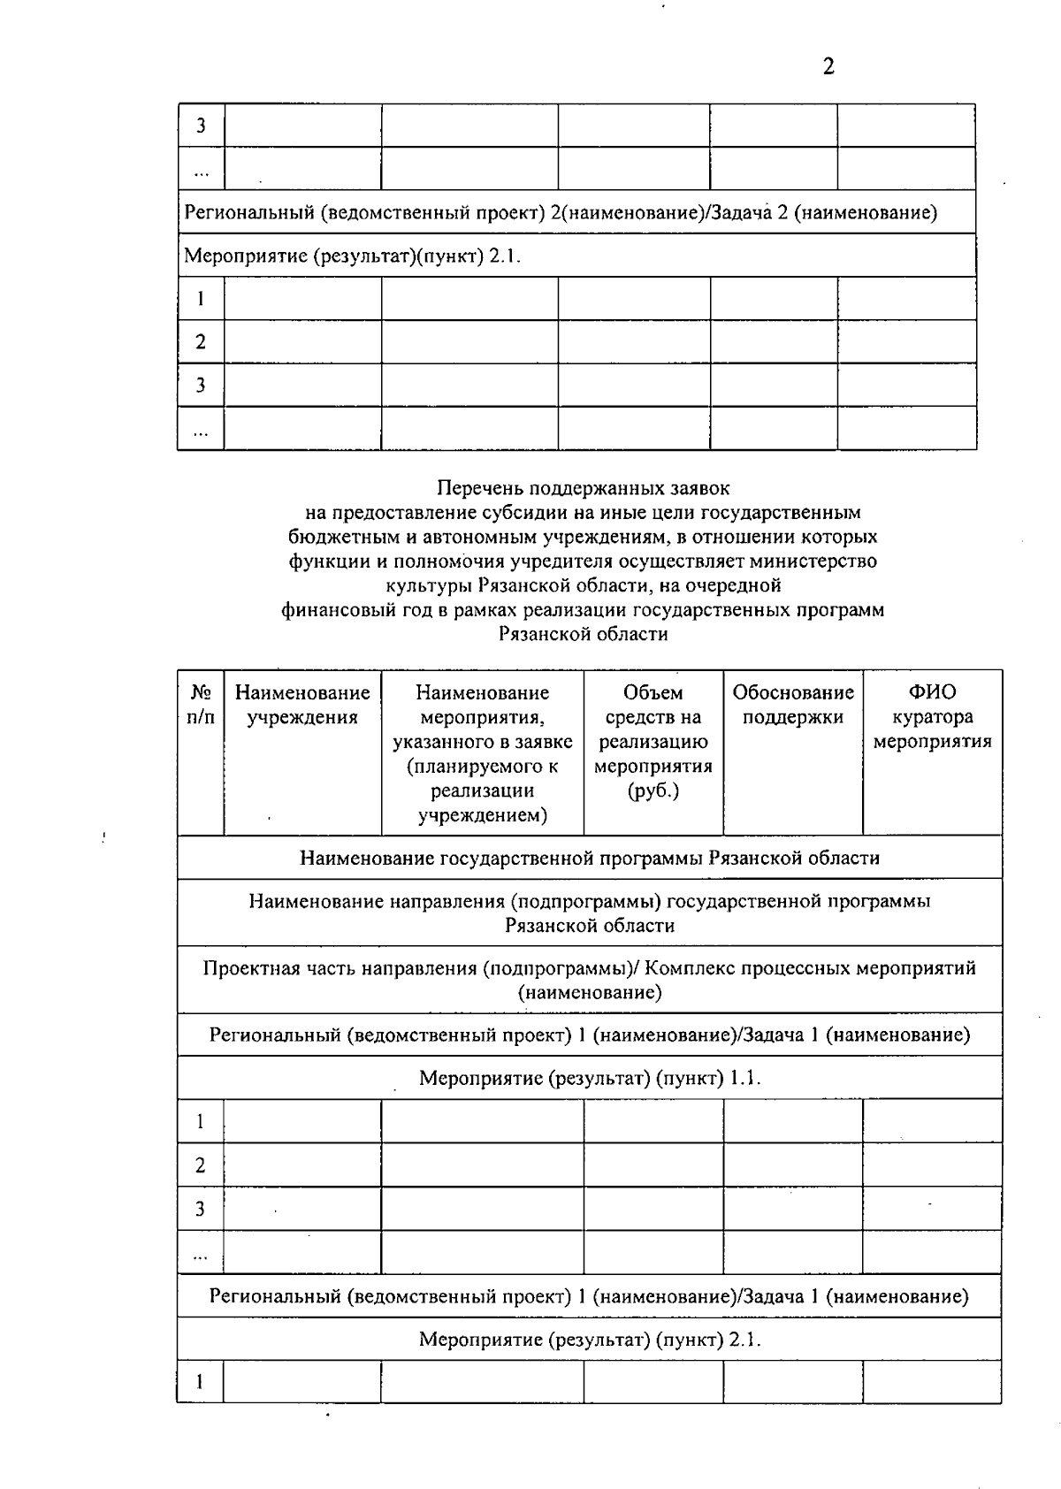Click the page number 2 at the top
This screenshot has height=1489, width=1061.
coord(828,67)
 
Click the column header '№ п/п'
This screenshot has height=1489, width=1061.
coord(201,705)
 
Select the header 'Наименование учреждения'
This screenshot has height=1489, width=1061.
coord(302,705)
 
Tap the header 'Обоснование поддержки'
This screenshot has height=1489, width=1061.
coord(793,705)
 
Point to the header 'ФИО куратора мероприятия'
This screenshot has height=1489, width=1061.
coord(932,717)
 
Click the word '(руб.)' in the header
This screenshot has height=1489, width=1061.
coord(653,790)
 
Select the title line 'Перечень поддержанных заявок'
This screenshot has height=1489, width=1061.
coord(584,487)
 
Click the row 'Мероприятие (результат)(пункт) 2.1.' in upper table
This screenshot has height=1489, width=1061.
coord(353,256)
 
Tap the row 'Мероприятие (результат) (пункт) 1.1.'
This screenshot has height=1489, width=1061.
coord(590,1078)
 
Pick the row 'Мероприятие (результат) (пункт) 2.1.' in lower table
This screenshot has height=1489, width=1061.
coord(590,1340)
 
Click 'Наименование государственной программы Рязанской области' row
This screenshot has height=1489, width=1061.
coord(590,858)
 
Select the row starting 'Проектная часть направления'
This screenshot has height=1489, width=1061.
coord(590,980)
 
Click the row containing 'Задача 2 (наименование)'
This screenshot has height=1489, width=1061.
coord(561,213)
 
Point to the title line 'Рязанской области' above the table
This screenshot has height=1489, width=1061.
coord(584,634)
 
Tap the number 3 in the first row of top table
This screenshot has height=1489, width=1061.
coord(201,126)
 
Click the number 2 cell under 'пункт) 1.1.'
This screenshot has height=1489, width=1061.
coord(201,1165)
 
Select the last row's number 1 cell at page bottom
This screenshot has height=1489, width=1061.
coord(201,1382)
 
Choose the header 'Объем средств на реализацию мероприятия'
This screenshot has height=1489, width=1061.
coord(653,741)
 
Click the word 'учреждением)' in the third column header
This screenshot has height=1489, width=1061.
coord(483,815)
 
